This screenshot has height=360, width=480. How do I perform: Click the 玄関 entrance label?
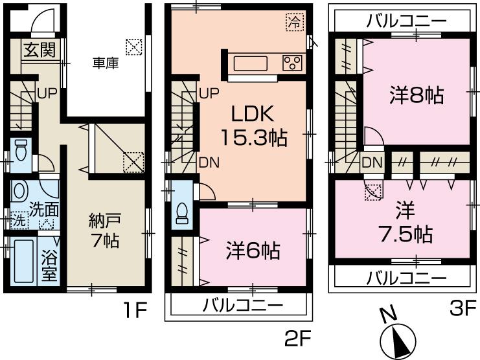click(x=39, y=51)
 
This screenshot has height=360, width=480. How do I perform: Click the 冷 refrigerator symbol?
click(x=293, y=21)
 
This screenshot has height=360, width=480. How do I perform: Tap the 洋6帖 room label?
click(x=253, y=250)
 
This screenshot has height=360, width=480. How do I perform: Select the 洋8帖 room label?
click(x=417, y=96)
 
